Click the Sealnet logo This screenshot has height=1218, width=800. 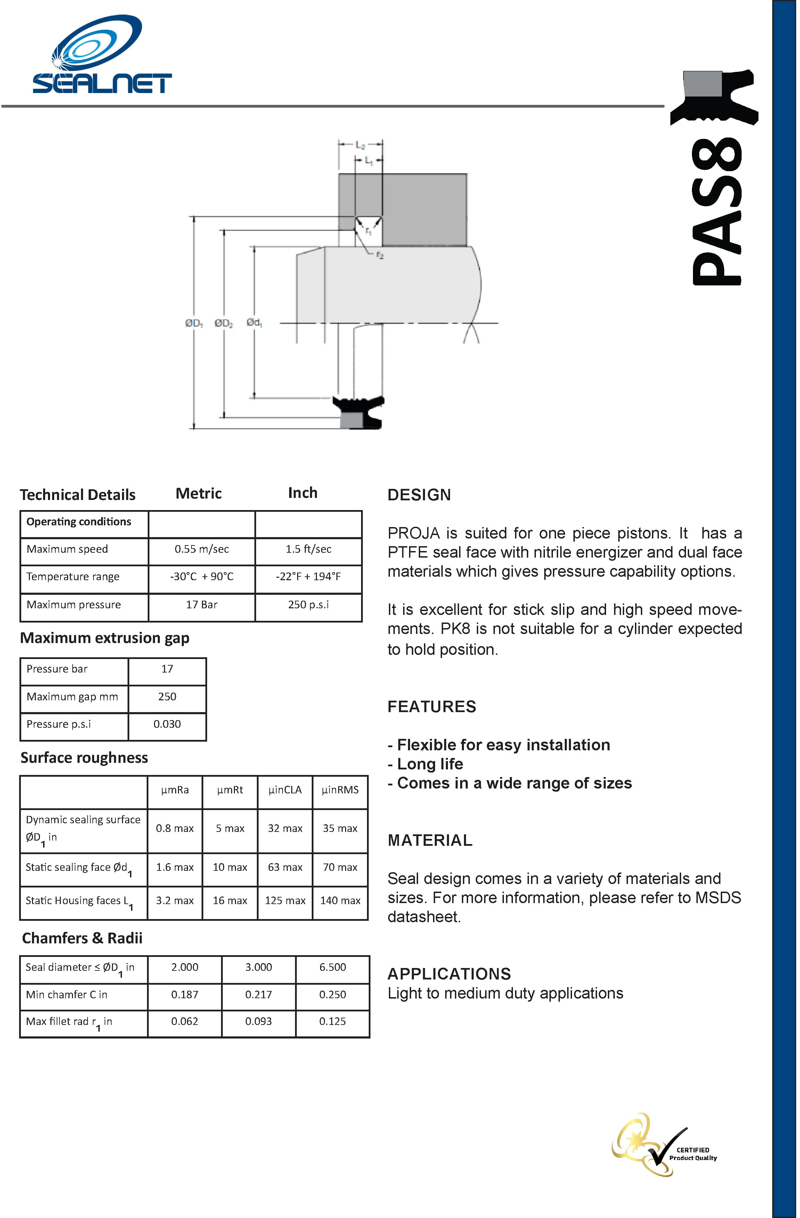(101, 55)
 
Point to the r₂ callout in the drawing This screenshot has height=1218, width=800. (379, 255)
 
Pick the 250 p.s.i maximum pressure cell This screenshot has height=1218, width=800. (308, 604)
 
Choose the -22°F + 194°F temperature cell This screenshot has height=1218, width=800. (308, 577)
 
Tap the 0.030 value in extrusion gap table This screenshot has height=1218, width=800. (167, 724)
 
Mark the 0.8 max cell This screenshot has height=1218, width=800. (175, 828)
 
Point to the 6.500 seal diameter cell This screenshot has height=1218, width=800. (332, 967)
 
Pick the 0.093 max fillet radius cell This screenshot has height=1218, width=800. (258, 1021)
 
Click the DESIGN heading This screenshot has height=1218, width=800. (419, 495)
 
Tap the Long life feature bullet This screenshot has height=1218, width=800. (429, 764)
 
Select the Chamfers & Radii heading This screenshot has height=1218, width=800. (82, 938)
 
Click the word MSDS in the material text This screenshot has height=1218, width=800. (718, 898)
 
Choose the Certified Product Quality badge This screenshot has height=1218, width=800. (665, 1145)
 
